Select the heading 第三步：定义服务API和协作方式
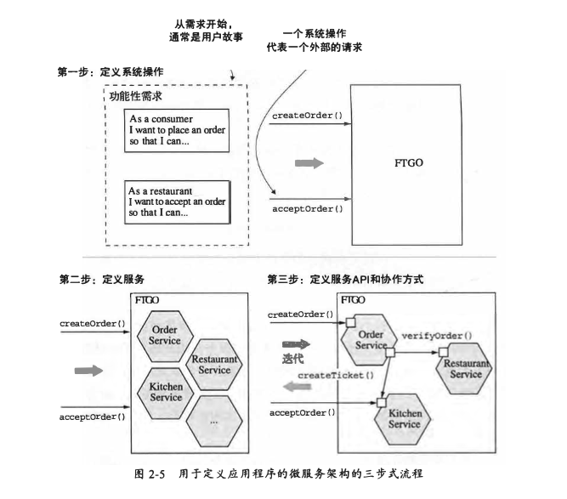(x=345, y=279)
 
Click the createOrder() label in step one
(x=307, y=116)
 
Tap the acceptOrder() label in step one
(x=307, y=208)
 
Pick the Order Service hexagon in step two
(x=165, y=335)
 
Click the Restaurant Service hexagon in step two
(x=213, y=364)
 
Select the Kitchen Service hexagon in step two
(x=165, y=391)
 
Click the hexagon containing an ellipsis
(x=213, y=420)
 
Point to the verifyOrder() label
(x=436, y=336)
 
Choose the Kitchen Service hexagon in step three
(x=404, y=418)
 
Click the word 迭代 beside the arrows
(x=292, y=359)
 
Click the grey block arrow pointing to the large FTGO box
(x=309, y=162)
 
